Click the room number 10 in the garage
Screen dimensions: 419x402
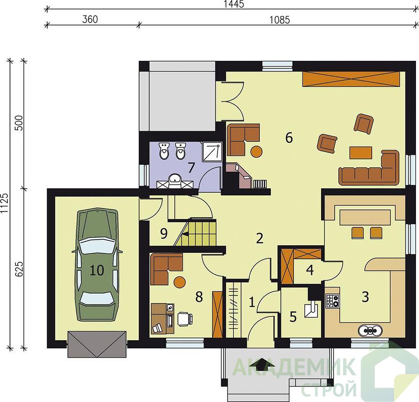pos(97,270)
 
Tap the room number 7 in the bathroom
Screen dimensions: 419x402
pos(191,168)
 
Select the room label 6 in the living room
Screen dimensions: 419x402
pos(289,138)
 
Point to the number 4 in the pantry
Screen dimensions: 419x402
pos(309,270)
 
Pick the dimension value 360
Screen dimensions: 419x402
pos(90,20)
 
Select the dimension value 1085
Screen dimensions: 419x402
pos(279,20)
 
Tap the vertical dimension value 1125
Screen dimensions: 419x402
pos(5,204)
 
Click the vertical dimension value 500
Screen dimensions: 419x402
pos(19,123)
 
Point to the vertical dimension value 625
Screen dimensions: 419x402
pos(19,269)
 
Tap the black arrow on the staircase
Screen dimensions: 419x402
pos(185,234)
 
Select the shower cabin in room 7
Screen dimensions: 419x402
pos(212,152)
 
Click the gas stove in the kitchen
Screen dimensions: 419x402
pos(333,300)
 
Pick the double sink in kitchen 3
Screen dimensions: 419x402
pos(370,331)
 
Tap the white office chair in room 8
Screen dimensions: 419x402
pos(185,319)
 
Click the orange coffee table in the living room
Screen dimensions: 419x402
pos(361,153)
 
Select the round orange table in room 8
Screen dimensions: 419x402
pos(179,282)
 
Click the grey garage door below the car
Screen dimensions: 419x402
pos(97,344)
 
